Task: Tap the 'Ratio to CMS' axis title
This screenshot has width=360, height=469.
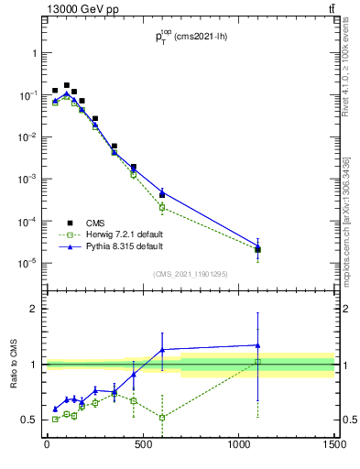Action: [16, 364]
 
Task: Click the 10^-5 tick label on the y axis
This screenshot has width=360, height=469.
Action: [28, 263]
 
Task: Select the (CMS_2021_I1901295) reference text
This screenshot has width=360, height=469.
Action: [191, 274]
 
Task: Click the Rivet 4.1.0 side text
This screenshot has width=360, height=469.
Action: [346, 69]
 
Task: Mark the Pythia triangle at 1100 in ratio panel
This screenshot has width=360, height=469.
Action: [258, 345]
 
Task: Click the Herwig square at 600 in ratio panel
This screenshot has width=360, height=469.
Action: [162, 418]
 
